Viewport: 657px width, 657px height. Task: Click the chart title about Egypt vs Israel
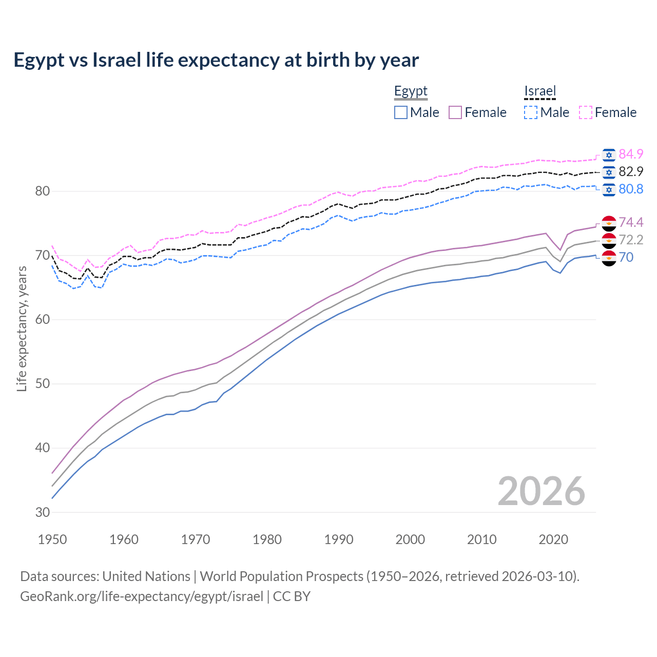click(x=216, y=60)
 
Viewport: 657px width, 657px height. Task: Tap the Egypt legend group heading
click(x=411, y=91)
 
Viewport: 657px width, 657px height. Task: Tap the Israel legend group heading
click(x=540, y=91)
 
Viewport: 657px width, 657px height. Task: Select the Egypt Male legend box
click(x=401, y=112)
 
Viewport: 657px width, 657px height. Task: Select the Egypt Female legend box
click(x=455, y=112)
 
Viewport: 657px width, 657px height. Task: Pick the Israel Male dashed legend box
click(x=531, y=112)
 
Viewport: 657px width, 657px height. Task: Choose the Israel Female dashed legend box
click(x=586, y=112)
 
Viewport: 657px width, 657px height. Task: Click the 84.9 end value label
click(x=631, y=154)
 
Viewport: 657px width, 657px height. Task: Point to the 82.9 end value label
click(x=631, y=171)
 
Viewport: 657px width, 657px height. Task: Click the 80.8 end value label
click(x=631, y=189)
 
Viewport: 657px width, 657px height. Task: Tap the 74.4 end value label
click(x=631, y=222)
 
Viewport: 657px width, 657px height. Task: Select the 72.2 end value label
click(x=631, y=240)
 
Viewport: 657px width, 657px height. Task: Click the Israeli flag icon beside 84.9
click(x=609, y=154)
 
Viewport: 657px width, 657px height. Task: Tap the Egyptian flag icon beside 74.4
click(x=609, y=223)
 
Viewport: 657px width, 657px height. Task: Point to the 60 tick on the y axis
click(x=43, y=320)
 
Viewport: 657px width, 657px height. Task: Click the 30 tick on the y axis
click(x=43, y=512)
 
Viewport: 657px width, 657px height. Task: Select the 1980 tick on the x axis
click(x=267, y=539)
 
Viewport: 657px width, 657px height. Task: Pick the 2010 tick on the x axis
click(x=481, y=539)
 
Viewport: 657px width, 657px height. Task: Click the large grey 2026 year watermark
click(x=541, y=491)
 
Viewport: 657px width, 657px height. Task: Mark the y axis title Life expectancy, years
click(x=22, y=328)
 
